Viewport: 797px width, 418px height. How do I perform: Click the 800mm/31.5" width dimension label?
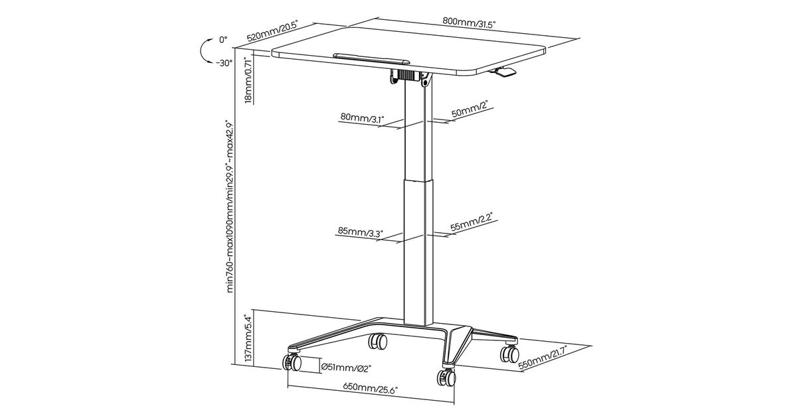pos(469,22)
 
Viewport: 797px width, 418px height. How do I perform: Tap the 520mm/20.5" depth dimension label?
pos(272,32)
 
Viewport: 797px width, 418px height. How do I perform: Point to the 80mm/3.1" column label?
pos(363,117)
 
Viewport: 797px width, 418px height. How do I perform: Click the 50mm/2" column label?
pos(470,109)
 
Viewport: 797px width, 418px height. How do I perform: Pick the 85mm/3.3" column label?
pos(360,232)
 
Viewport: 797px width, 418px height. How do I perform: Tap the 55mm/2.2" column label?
pos(472,222)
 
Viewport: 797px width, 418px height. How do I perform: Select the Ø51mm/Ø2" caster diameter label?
pos(346,367)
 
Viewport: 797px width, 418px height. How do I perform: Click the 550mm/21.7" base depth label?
pos(543,358)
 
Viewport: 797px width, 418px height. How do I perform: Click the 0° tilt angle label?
pos(223,39)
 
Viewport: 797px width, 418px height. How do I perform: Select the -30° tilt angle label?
pos(224,63)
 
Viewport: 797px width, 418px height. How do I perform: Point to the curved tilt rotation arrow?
pos(205,52)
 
